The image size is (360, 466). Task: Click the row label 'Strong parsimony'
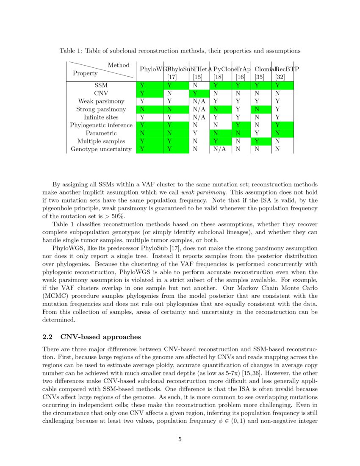pos(101,109)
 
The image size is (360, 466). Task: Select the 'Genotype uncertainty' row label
pos(101,149)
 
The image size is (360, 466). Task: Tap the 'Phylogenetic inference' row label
pos(101,125)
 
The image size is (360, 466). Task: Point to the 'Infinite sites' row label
pos(101,117)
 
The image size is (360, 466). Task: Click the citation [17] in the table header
pos(172,77)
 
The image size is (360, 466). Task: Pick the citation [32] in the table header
pos(280,77)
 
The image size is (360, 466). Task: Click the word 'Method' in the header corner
pos(119,65)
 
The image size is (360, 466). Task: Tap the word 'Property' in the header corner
pos(85,73)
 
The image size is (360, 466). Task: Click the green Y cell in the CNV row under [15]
pos(195,93)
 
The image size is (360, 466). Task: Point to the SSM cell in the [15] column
pos(195,85)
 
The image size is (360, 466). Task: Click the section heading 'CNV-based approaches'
pos(100,337)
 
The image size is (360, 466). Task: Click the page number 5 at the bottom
pos(180,439)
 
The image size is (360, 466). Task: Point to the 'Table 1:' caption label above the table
pos(71,51)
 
